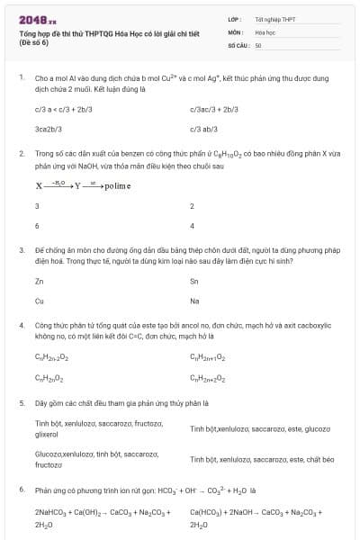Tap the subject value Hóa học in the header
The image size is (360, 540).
265,31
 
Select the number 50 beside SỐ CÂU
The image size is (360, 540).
258,44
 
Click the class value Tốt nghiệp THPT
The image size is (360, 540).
274,19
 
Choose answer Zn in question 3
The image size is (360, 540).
39,282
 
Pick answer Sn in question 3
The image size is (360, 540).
194,282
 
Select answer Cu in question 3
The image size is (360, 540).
39,301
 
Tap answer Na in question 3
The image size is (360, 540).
194,301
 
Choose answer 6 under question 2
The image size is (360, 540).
37,225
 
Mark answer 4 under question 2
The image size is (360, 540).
193,225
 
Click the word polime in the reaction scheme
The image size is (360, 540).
117,186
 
